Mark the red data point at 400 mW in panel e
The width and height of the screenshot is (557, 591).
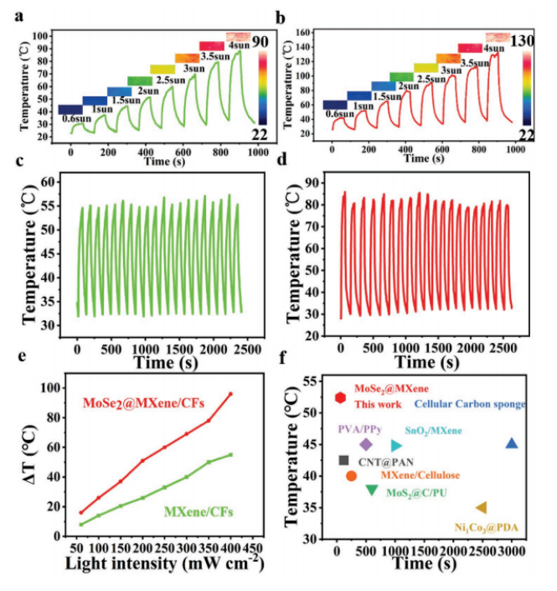pyautogui.click(x=230, y=394)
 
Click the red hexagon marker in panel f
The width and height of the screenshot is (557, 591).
pyautogui.click(x=340, y=397)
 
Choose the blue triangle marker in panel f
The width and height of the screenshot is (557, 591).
pyautogui.click(x=512, y=443)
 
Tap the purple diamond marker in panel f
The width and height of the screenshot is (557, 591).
pyautogui.click(x=365, y=444)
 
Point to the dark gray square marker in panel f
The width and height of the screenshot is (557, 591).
pyautogui.click(x=343, y=460)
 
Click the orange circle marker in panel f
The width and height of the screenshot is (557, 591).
pyautogui.click(x=351, y=475)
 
